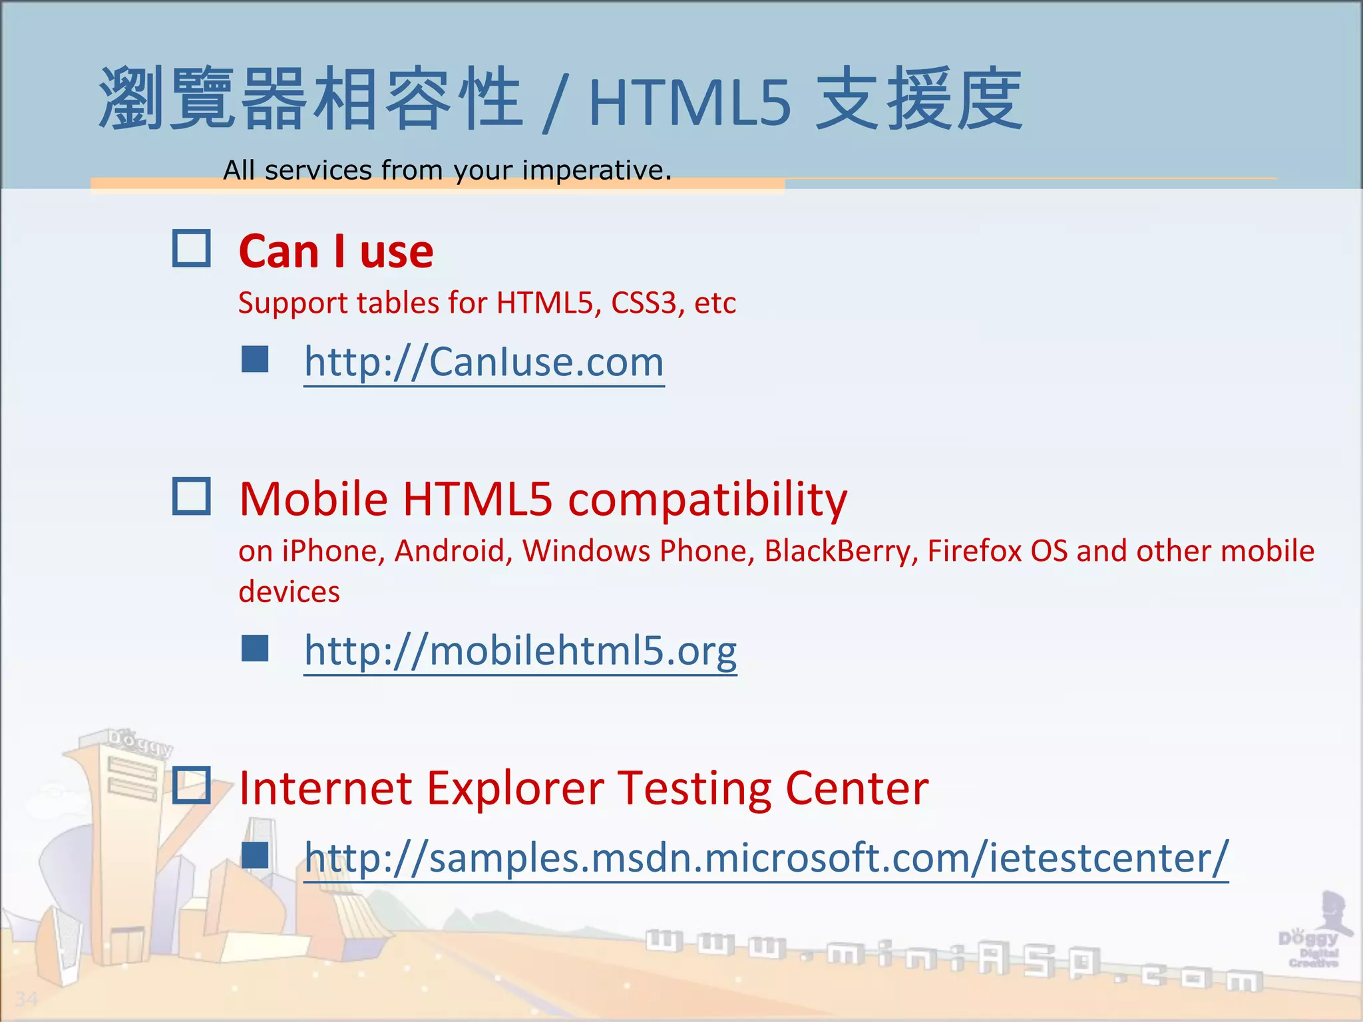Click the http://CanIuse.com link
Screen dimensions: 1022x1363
click(484, 363)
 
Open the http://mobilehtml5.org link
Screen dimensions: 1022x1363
click(520, 651)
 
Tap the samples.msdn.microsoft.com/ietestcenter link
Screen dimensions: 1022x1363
click(766, 858)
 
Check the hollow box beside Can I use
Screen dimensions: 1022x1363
click(192, 249)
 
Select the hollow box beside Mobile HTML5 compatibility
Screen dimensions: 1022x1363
click(192, 496)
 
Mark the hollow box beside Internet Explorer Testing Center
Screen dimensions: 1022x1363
click(192, 785)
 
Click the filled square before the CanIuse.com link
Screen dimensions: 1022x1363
click(255, 359)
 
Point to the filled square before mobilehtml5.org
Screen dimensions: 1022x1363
click(255, 648)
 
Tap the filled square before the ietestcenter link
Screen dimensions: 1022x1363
click(255, 856)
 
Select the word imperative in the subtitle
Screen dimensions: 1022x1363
click(596, 170)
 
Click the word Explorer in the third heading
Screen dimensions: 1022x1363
click(515, 788)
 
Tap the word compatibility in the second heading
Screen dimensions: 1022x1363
click(707, 500)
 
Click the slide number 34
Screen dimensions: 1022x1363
click(26, 999)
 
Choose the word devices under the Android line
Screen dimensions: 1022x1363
click(289, 592)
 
